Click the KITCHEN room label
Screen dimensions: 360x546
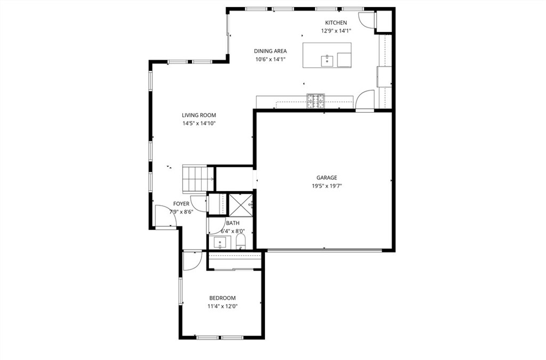point(336,22)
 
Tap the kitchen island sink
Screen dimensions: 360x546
point(327,60)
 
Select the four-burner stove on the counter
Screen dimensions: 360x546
point(316,100)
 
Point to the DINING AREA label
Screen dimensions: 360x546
point(270,51)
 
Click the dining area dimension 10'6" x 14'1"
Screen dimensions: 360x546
point(270,59)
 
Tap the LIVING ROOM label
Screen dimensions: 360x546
point(198,115)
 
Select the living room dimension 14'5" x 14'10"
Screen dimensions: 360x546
point(198,123)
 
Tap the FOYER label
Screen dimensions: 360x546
point(181,204)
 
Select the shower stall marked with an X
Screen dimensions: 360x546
point(239,203)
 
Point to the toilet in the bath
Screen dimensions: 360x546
point(240,241)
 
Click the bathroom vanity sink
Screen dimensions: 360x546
point(220,243)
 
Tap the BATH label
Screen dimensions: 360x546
point(232,223)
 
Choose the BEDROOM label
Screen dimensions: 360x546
point(222,298)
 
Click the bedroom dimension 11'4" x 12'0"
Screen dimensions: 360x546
point(222,307)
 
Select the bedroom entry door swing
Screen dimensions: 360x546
point(190,260)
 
